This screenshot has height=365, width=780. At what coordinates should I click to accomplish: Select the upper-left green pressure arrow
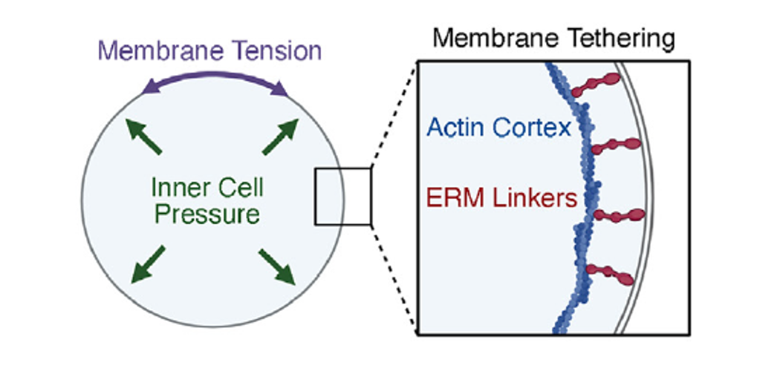coord(146,137)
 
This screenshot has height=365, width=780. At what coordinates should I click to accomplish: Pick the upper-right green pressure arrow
coord(280,137)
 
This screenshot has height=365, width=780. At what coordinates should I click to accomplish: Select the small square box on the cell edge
coord(342,196)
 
